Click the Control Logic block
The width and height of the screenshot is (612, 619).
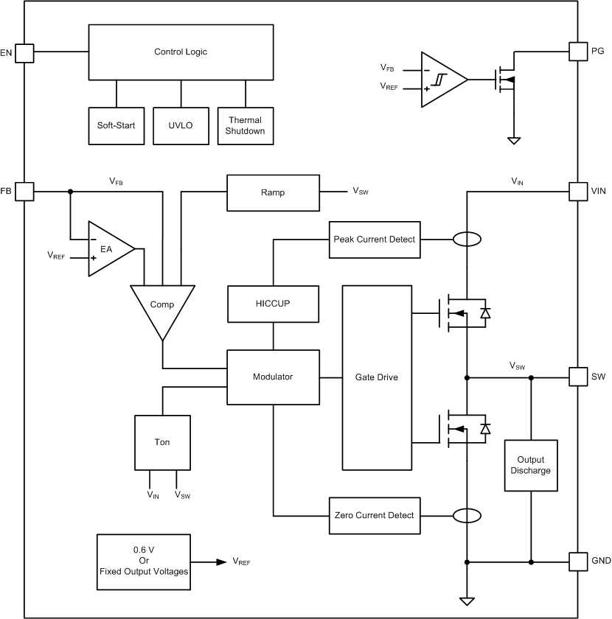click(x=181, y=52)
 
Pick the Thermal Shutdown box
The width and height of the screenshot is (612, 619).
click(x=245, y=125)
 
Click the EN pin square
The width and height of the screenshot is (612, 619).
click(x=24, y=52)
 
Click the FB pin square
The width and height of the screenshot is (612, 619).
click(x=24, y=192)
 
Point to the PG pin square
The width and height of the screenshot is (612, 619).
click(x=579, y=52)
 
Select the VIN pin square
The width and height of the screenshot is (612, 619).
click(x=579, y=192)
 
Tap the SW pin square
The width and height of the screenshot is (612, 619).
click(x=579, y=377)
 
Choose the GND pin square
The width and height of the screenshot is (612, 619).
click(x=579, y=561)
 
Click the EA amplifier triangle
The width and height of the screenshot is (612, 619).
click(x=108, y=249)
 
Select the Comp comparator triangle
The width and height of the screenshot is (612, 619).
click(x=161, y=306)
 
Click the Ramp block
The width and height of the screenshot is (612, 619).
click(x=273, y=192)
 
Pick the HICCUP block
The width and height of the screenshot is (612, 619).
click(x=273, y=304)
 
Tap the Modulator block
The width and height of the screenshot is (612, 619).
click(x=273, y=377)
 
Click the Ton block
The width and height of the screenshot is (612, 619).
click(x=162, y=442)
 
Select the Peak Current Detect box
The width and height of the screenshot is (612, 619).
click(x=375, y=239)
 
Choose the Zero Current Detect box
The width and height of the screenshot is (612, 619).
click(x=375, y=516)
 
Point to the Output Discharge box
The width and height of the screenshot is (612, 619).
click(x=530, y=465)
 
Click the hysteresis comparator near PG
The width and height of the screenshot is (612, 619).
click(x=441, y=79)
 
